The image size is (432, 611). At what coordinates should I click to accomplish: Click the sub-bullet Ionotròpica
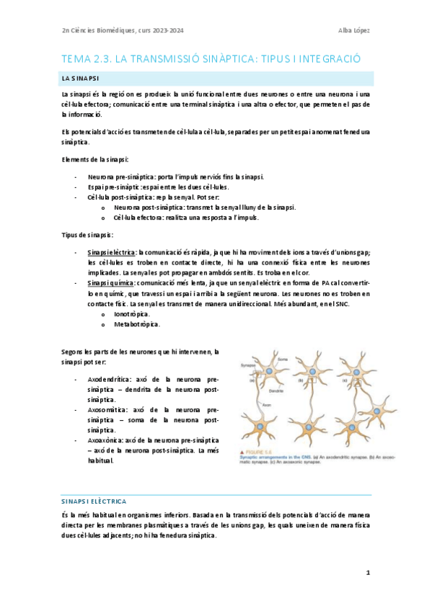tap(132, 315)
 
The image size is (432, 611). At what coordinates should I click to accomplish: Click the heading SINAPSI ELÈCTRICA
tap(94, 500)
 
